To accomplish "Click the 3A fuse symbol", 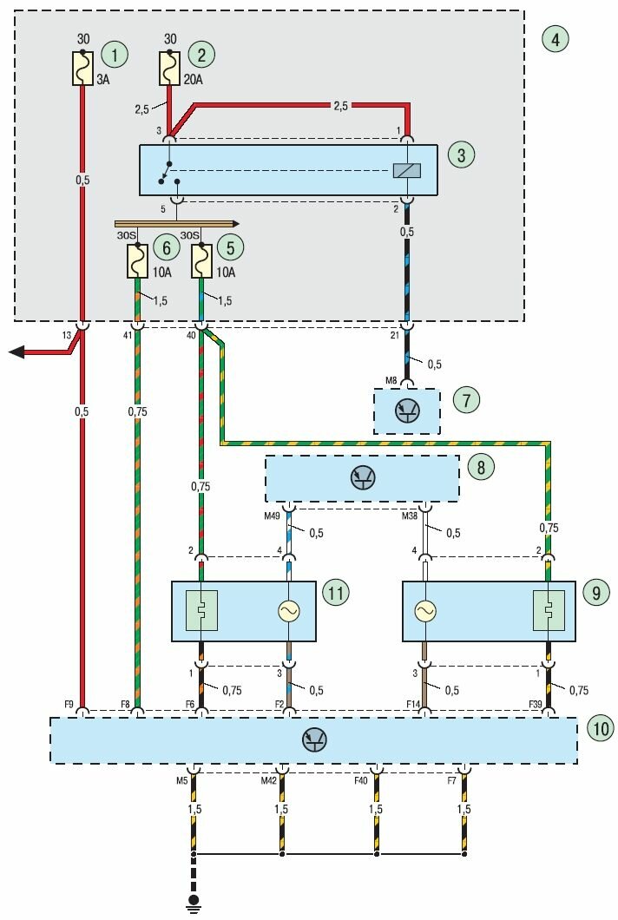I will (82, 68).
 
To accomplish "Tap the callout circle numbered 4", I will (554, 38).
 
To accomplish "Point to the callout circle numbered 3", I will (461, 155).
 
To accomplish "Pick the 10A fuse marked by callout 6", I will (139, 260).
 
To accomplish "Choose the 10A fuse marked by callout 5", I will (202, 260).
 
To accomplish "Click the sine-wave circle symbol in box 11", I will (288, 612).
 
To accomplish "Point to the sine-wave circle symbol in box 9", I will (425, 612).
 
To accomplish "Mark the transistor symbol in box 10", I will (313, 740).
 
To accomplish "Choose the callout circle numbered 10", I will (600, 728).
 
